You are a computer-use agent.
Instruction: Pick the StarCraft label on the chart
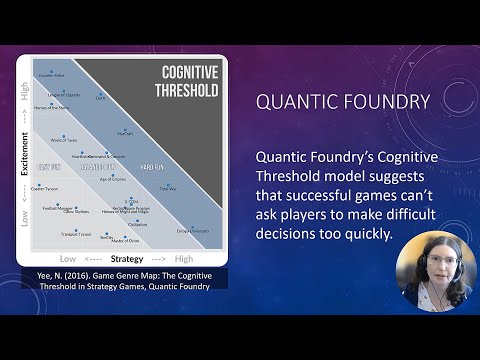(x=124, y=132)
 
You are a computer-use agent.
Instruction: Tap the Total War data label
(x=168, y=187)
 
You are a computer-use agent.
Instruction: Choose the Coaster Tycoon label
(x=46, y=187)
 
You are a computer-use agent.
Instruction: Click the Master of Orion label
(x=125, y=241)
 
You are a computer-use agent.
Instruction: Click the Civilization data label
(x=138, y=224)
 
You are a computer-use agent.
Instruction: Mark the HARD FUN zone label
(x=152, y=166)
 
